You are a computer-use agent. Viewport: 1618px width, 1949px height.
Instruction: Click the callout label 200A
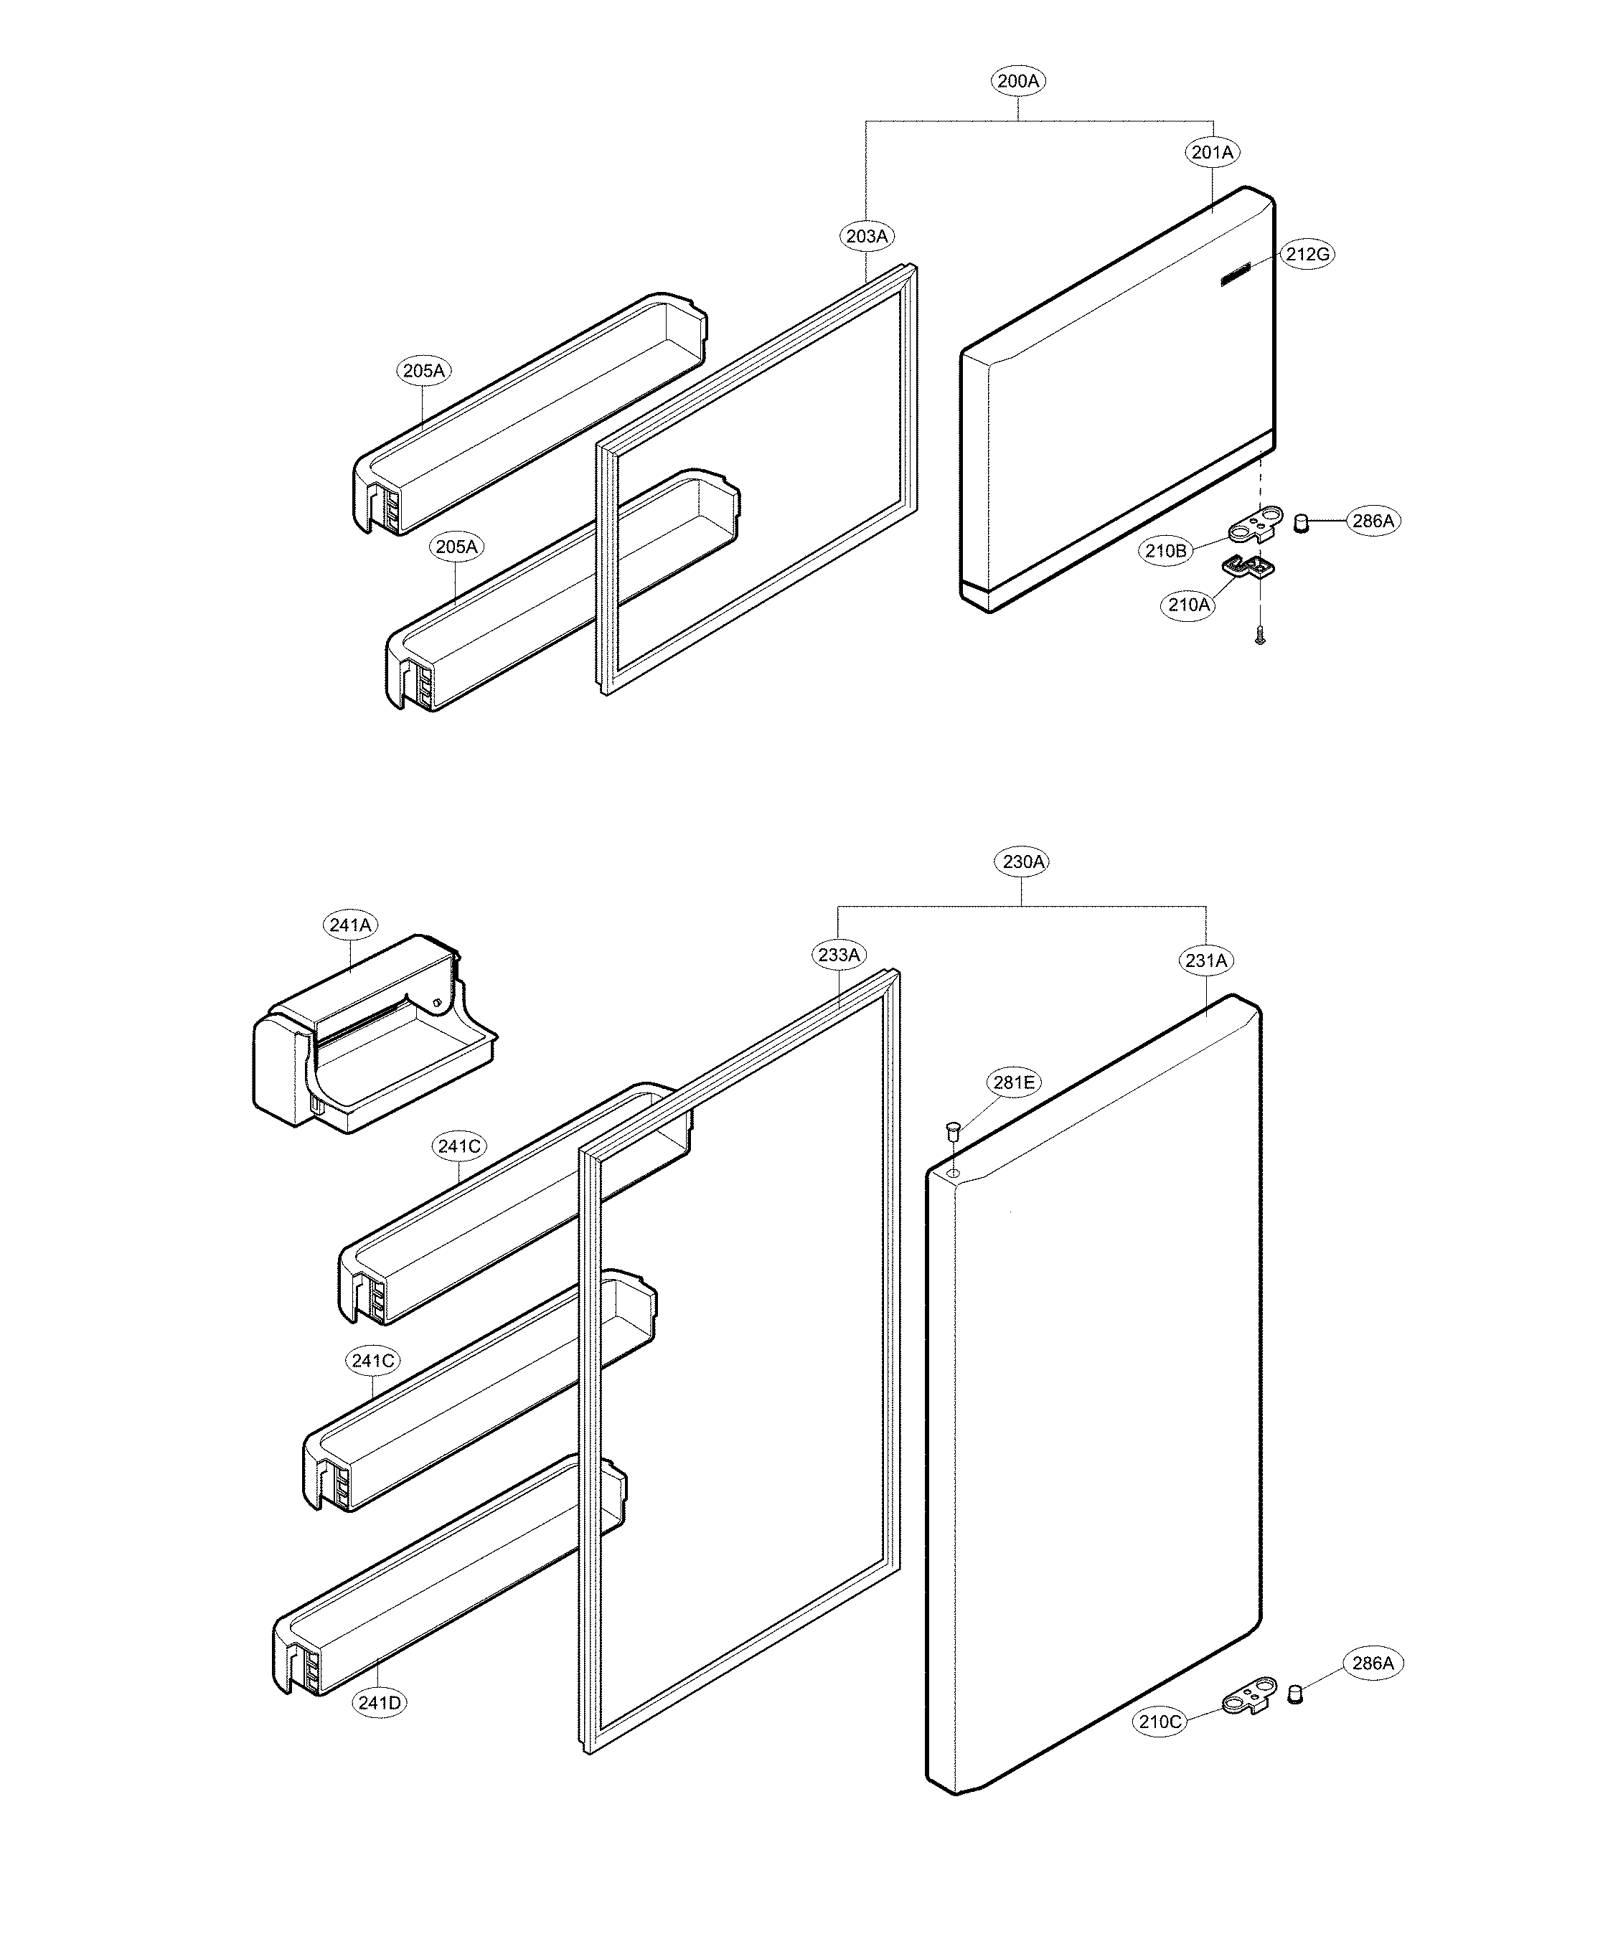[x=1018, y=82]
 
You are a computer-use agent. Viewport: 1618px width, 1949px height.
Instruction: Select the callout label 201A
[x=1213, y=152]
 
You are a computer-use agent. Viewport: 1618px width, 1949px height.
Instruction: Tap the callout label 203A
[x=866, y=237]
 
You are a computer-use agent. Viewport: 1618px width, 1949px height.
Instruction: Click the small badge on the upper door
[x=1235, y=275]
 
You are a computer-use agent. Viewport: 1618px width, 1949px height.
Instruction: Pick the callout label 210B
[x=1166, y=550]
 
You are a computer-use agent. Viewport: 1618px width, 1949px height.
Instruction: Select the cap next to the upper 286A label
[x=1302, y=522]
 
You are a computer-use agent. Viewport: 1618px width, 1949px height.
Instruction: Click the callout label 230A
[x=1023, y=862]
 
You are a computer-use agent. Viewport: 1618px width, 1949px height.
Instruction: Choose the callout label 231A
[x=1206, y=961]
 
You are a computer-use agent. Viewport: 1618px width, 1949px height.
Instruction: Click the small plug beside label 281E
[x=951, y=1131]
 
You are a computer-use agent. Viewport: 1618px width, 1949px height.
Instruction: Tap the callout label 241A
[x=350, y=925]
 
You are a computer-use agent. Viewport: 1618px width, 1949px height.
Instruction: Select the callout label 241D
[x=380, y=1703]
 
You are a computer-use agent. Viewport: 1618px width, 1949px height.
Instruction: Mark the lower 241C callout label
[x=373, y=1362]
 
